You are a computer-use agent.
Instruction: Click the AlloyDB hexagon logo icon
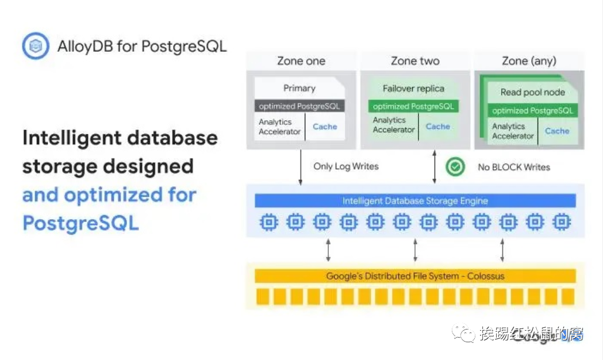coord(36,46)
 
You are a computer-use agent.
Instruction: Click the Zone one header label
coord(301,61)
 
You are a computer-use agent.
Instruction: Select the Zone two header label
coord(415,61)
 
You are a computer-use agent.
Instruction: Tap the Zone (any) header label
coord(529,61)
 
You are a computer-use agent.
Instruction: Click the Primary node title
coord(299,88)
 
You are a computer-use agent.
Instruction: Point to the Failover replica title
coord(413,89)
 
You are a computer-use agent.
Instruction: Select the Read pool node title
coord(532,92)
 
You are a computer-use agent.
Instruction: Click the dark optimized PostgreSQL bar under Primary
coord(299,106)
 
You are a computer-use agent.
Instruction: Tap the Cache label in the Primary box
coord(325,127)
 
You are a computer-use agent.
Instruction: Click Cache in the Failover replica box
coord(438,127)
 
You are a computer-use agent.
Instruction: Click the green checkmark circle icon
coord(455,167)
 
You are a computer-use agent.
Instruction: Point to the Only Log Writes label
coord(345,166)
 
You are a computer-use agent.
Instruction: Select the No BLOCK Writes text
coord(514,167)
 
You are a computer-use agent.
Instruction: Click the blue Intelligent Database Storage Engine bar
coord(415,201)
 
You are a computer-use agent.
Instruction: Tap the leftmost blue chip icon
coord(268,222)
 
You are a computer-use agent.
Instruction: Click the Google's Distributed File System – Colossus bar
coord(415,276)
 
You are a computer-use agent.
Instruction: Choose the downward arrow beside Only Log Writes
coord(301,167)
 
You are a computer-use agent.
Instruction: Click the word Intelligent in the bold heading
coord(71,138)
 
